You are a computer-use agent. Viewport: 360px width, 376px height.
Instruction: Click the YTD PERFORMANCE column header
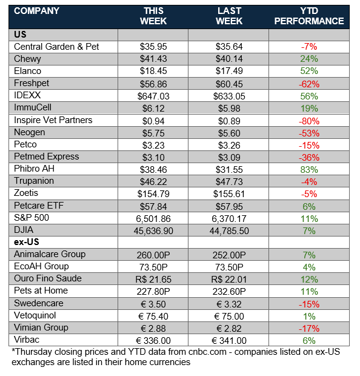tap(309, 16)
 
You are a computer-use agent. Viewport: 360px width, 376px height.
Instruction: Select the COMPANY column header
tap(37, 11)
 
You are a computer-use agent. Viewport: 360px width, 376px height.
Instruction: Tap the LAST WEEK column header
tap(229, 16)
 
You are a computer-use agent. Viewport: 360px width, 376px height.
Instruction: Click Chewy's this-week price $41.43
tap(153, 59)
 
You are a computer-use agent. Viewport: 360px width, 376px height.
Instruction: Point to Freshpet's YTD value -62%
tap(309, 84)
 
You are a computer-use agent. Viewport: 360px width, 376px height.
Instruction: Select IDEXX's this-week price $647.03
tap(153, 96)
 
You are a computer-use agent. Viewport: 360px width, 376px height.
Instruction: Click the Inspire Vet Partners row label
tap(53, 120)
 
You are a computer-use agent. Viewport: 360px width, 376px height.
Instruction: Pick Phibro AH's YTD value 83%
tap(309, 170)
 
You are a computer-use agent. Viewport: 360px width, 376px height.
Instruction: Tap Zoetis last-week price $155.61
tap(229, 193)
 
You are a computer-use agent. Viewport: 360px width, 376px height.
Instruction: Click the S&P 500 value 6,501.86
tap(153, 219)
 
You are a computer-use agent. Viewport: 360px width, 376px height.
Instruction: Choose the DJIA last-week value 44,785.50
tap(229, 231)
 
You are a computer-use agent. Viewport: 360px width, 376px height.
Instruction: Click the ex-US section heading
tap(27, 242)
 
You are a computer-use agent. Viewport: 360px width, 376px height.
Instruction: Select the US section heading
tap(20, 35)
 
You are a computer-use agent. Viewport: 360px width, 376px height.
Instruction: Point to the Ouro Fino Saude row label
tap(48, 278)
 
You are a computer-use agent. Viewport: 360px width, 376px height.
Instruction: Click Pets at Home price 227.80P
tap(153, 292)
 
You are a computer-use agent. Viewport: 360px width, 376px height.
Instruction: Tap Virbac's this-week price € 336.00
tap(153, 340)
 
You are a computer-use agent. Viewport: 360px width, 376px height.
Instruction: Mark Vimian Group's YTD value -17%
tap(309, 329)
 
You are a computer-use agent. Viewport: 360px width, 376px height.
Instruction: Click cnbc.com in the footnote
tap(207, 352)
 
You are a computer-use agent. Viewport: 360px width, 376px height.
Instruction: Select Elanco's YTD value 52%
tap(309, 71)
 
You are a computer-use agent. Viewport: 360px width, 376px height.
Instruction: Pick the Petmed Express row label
tap(47, 156)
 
